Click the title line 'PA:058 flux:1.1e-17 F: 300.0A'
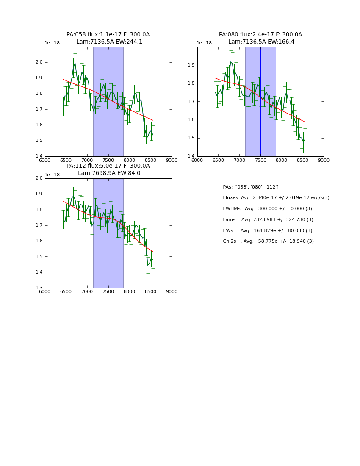108,35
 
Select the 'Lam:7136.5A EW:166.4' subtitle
261,42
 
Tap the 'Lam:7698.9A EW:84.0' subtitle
109,173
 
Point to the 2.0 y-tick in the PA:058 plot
39,62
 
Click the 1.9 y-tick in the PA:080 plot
191,65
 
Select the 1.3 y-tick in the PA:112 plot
39,288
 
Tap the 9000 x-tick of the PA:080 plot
324,160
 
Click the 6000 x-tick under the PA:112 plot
45,291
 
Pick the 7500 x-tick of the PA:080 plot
260,160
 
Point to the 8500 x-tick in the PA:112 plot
151,291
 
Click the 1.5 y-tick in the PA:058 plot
39,141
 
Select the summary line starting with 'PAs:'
250,187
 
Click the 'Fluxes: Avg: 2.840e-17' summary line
276,198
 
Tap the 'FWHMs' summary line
267,209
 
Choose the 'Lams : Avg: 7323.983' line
268,220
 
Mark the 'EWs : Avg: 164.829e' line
267,231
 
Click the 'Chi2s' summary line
268,241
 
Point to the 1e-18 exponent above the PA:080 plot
204,43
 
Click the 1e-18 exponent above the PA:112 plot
52,175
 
